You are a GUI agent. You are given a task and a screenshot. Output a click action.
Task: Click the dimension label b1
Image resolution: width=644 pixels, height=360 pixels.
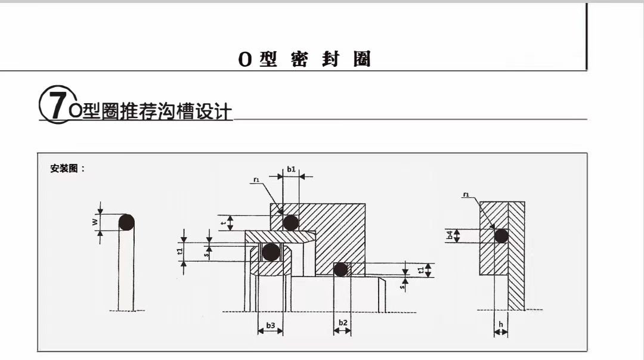pyautogui.click(x=291, y=169)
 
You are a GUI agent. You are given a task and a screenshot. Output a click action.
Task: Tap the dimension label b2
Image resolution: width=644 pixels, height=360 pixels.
pyautogui.click(x=343, y=322)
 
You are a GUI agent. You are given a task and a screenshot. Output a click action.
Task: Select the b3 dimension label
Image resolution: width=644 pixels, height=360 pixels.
pyautogui.click(x=271, y=325)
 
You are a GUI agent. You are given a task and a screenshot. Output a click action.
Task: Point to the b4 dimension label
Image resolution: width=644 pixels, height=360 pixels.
pyautogui.click(x=450, y=235)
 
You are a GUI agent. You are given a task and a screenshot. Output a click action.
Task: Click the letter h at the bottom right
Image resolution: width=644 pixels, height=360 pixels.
pyautogui.click(x=501, y=324)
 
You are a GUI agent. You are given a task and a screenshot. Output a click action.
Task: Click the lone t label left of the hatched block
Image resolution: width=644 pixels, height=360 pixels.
pyautogui.click(x=223, y=223)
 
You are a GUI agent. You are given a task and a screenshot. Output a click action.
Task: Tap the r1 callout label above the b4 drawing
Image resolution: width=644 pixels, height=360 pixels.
pyautogui.click(x=466, y=194)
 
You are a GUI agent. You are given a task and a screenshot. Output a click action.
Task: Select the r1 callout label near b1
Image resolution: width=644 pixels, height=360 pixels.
pyautogui.click(x=256, y=180)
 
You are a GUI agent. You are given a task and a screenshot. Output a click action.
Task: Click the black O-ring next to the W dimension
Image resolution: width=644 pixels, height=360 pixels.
pyautogui.click(x=126, y=222)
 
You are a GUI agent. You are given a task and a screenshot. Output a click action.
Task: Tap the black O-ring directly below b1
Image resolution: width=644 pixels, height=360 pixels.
pyautogui.click(x=291, y=223)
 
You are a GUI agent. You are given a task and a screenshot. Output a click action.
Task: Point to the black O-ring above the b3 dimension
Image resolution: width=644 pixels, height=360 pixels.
pyautogui.click(x=271, y=252)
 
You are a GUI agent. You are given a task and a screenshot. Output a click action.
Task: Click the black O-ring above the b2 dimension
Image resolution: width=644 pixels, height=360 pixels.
pyautogui.click(x=340, y=269)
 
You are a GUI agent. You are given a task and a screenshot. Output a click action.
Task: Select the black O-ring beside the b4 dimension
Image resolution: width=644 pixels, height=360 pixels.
pyautogui.click(x=501, y=236)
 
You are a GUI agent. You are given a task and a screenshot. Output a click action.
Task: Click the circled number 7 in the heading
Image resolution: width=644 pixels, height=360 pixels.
pyautogui.click(x=57, y=104)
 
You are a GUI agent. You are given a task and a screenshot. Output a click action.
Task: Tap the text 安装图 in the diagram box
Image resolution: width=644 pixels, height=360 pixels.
pyautogui.click(x=64, y=169)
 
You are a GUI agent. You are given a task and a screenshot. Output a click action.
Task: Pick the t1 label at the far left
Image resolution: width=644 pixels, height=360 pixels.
pyautogui.click(x=180, y=252)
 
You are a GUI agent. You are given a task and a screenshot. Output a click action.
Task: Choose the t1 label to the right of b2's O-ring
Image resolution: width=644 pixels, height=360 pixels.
pyautogui.click(x=420, y=270)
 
